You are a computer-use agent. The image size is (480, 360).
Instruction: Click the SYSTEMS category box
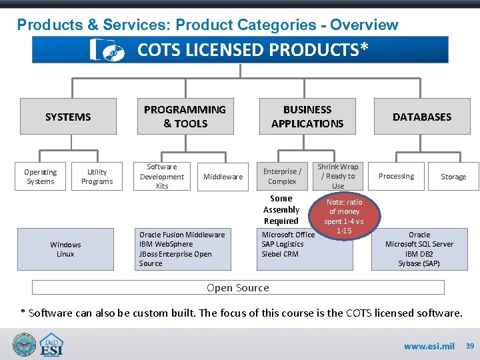pyautogui.click(x=68, y=117)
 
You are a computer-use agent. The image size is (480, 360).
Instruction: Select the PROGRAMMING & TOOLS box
pyautogui.click(x=185, y=117)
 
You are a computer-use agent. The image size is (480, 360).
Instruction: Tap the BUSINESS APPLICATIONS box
pyautogui.click(x=307, y=117)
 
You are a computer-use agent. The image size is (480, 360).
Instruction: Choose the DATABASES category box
pyautogui.click(x=421, y=117)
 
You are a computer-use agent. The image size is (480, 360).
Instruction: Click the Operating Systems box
pyautogui.click(x=41, y=177)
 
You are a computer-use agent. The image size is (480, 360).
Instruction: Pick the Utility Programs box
pyautogui.click(x=97, y=177)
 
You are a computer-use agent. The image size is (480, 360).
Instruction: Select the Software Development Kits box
pyautogui.click(x=162, y=177)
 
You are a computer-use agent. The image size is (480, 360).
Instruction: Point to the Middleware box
pyautogui.click(x=223, y=177)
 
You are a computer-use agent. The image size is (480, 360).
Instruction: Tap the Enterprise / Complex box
pyautogui.click(x=282, y=177)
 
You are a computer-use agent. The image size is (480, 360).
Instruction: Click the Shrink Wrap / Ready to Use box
pyautogui.click(x=338, y=177)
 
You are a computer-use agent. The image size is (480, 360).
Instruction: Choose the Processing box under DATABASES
pyautogui.click(x=397, y=177)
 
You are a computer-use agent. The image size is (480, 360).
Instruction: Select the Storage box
pyautogui.click(x=453, y=177)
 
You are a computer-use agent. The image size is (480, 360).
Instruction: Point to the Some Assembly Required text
pyautogui.click(x=281, y=209)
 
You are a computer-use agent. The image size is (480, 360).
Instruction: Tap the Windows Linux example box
pyautogui.click(x=66, y=249)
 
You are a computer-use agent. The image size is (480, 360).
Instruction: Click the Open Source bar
pyautogui.click(x=238, y=287)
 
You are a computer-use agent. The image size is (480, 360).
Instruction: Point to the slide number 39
pyautogui.click(x=469, y=346)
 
